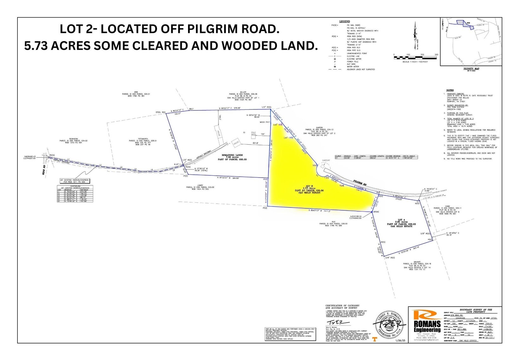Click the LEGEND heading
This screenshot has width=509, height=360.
[x=344, y=22]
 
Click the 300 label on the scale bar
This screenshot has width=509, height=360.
[x=436, y=55]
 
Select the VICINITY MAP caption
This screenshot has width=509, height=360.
[x=471, y=69]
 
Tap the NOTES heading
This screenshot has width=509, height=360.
[x=450, y=90]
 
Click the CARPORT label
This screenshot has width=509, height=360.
[x=326, y=160]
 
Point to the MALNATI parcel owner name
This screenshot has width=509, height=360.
[x=417, y=261]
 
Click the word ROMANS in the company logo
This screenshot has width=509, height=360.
[x=427, y=324]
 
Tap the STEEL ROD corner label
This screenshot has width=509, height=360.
[x=160, y=112]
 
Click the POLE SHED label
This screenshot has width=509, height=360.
[x=253, y=134]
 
